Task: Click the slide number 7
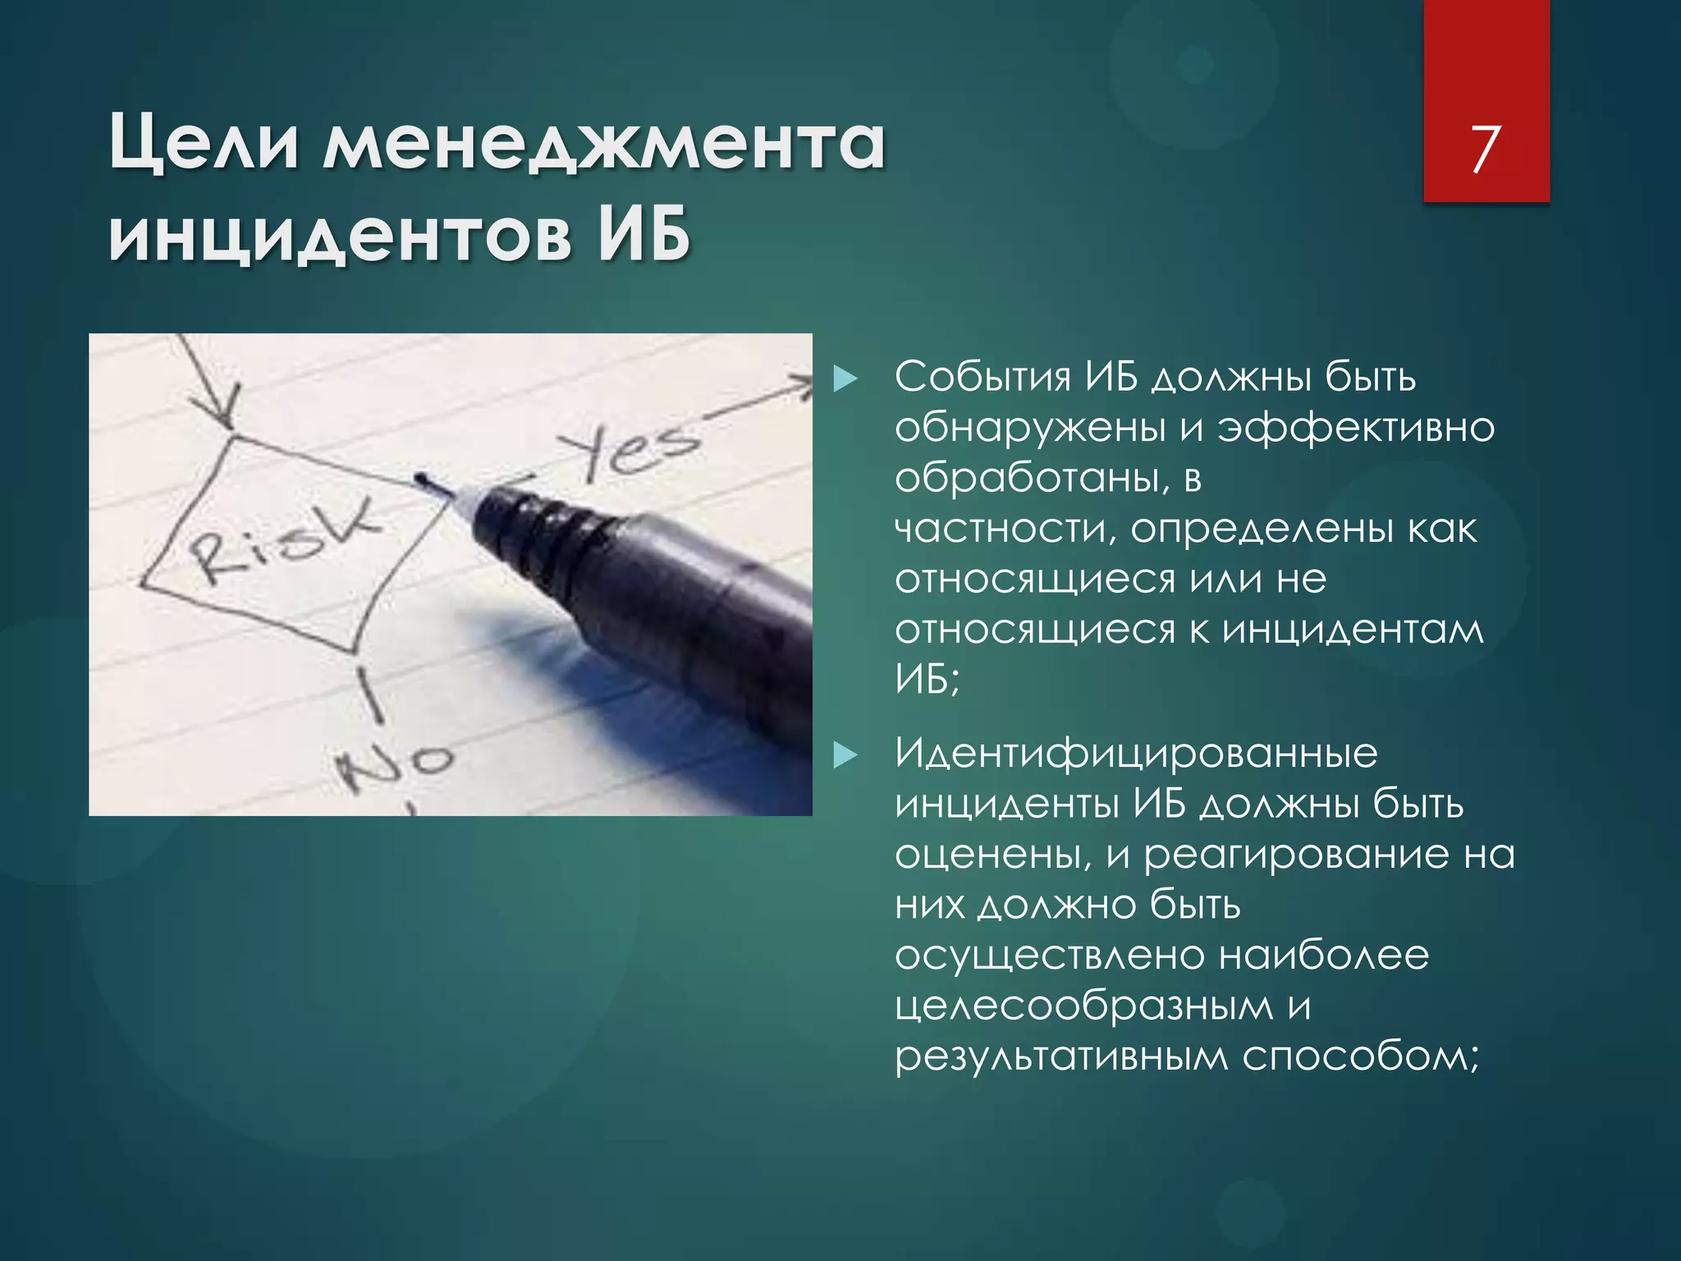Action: [1485, 149]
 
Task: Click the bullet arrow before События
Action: [845, 379]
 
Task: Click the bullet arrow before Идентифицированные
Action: [845, 755]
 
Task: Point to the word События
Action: [982, 378]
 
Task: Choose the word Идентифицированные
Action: [1136, 754]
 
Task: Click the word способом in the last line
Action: [1358, 1057]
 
